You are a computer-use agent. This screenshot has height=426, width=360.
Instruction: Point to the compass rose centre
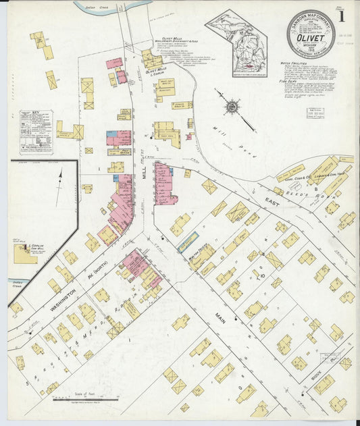(232, 106)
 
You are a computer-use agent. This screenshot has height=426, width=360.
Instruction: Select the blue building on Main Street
(188, 242)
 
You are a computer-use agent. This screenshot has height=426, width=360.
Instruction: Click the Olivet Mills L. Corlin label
(156, 70)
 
